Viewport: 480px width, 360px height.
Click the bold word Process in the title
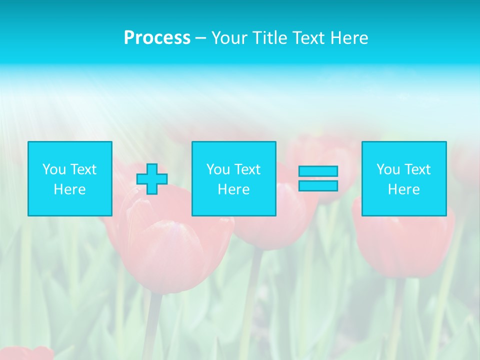(x=157, y=38)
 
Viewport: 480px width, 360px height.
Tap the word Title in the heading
(x=269, y=38)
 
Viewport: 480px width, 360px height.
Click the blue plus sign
(x=152, y=179)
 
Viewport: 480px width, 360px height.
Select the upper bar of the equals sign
(x=318, y=171)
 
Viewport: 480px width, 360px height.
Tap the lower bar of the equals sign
(x=318, y=186)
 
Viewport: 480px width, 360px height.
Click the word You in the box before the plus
(x=53, y=169)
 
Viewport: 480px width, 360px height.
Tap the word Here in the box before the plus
(x=70, y=189)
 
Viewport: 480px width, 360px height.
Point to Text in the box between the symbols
(x=247, y=169)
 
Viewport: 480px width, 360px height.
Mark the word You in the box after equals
(x=387, y=169)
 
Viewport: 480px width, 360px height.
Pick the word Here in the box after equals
(x=404, y=189)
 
